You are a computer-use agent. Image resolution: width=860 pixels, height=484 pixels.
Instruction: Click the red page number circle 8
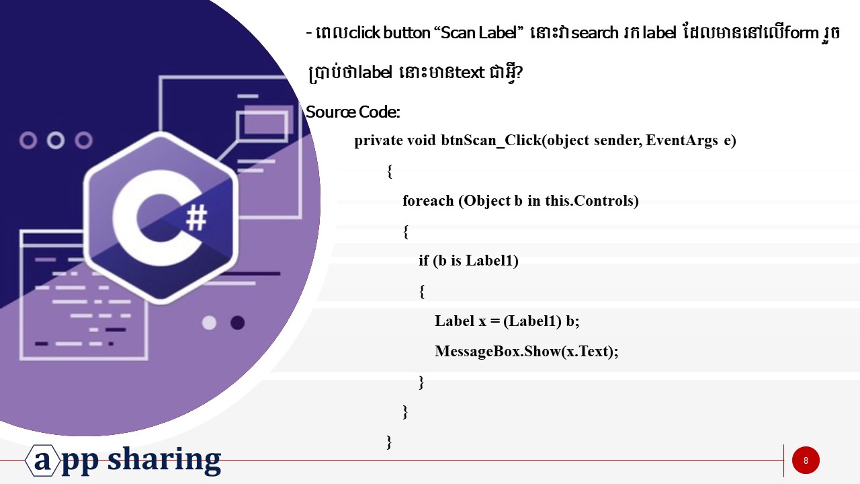(806, 460)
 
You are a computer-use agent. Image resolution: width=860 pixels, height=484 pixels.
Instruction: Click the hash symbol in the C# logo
(196, 216)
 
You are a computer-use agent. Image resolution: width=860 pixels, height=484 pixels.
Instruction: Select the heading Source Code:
(353, 112)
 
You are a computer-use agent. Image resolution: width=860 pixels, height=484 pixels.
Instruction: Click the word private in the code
(378, 141)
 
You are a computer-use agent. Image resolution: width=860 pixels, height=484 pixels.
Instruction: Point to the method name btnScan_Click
(490, 141)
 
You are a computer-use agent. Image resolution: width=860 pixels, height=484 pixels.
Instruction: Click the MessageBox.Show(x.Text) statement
(526, 351)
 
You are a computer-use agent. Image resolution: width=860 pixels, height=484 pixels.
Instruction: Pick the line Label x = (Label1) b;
(507, 321)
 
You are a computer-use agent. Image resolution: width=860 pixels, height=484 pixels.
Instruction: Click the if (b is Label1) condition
(468, 261)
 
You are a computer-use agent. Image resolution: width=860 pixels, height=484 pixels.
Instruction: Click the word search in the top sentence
(595, 33)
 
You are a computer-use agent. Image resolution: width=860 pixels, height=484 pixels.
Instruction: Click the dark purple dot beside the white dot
(237, 323)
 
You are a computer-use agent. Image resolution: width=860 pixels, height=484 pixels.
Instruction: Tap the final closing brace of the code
(389, 441)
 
